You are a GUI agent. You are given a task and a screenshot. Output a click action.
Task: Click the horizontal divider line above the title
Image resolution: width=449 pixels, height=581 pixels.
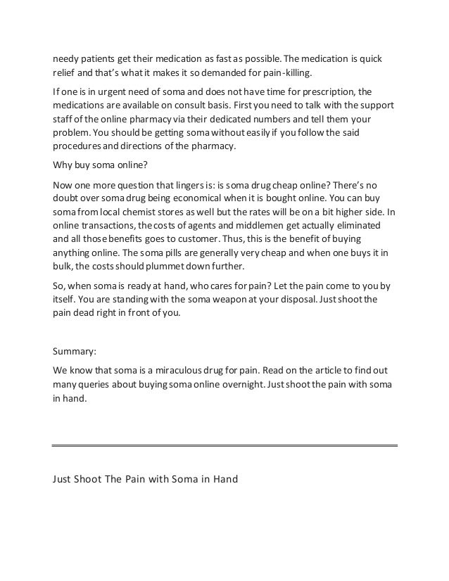225,445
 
